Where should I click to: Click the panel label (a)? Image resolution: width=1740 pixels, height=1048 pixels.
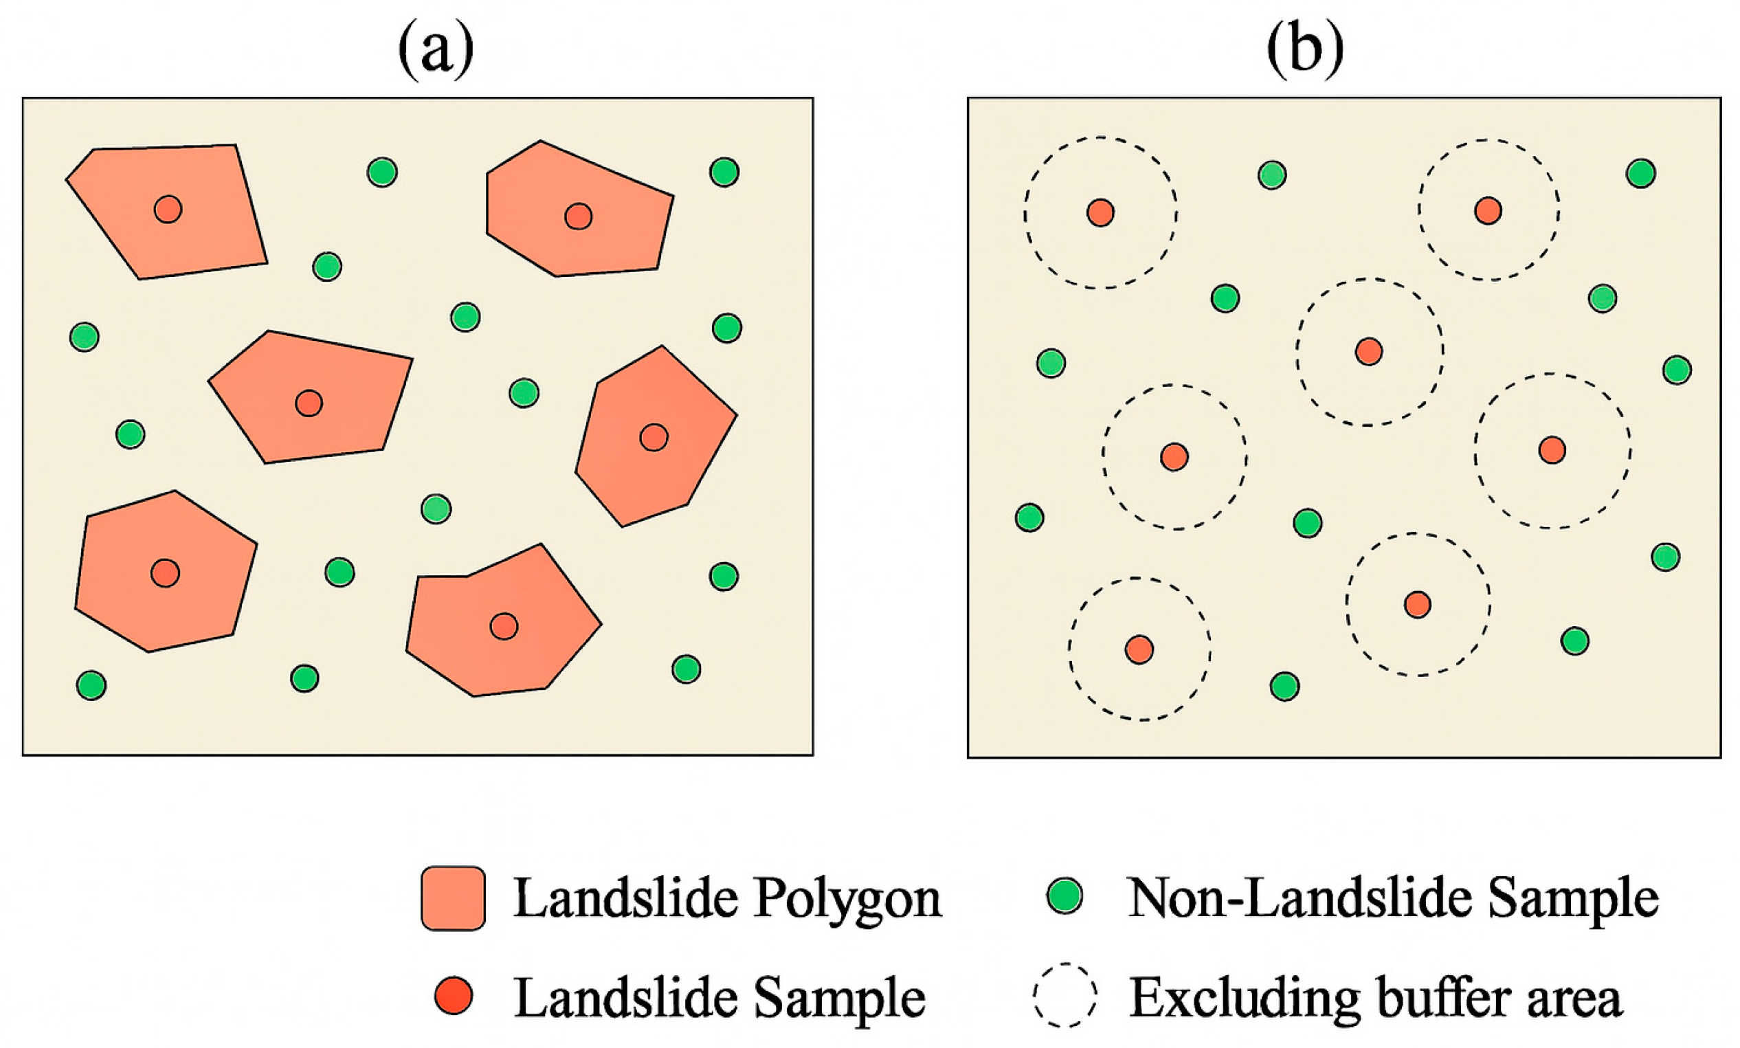[436, 50]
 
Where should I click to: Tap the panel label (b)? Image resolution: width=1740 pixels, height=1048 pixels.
[1304, 50]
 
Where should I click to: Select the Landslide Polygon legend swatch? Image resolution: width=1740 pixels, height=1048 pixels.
[453, 898]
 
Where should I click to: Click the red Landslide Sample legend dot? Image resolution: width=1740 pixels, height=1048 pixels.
[453, 996]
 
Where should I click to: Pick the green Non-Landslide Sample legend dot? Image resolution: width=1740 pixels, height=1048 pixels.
[1065, 895]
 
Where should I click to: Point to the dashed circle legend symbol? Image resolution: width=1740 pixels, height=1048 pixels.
[1065, 994]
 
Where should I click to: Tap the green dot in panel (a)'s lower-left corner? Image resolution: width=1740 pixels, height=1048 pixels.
[91, 685]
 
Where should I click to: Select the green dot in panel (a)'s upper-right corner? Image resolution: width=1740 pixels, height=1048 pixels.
[724, 172]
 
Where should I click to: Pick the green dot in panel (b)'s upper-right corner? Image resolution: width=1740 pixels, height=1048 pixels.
[1640, 173]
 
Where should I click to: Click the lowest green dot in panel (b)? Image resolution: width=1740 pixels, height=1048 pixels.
[1284, 686]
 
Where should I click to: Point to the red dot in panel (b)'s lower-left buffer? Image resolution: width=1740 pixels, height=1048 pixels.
[1139, 649]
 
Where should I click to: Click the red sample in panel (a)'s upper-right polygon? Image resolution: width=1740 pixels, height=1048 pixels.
[578, 216]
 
